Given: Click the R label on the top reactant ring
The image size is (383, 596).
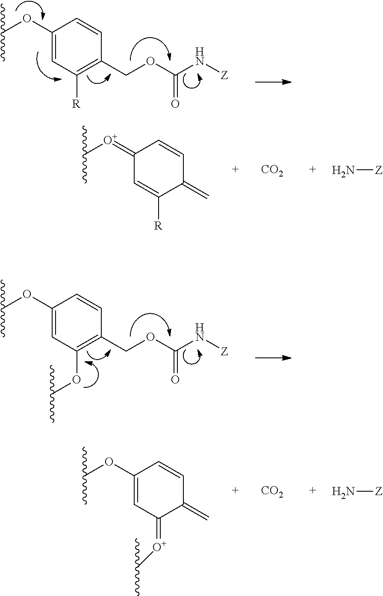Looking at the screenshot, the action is [76, 104].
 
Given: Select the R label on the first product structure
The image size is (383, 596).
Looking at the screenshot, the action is [158, 226].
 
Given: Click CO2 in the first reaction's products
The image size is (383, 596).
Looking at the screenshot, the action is [272, 171].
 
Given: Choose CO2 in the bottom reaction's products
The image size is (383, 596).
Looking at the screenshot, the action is [272, 491].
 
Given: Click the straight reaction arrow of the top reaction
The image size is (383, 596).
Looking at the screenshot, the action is [273, 82].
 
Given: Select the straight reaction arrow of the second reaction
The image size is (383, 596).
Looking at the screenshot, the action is [273, 358].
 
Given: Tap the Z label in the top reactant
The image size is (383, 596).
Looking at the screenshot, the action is [224, 77].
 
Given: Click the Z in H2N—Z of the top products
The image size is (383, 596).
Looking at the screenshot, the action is [378, 171].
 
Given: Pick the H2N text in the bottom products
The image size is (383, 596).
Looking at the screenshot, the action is [343, 491].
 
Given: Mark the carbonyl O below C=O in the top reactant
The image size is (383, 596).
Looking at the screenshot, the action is [175, 104].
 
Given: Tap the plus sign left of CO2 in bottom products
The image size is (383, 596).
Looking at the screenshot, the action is [235, 490].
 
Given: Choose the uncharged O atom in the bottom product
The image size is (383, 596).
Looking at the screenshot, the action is [109, 462].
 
